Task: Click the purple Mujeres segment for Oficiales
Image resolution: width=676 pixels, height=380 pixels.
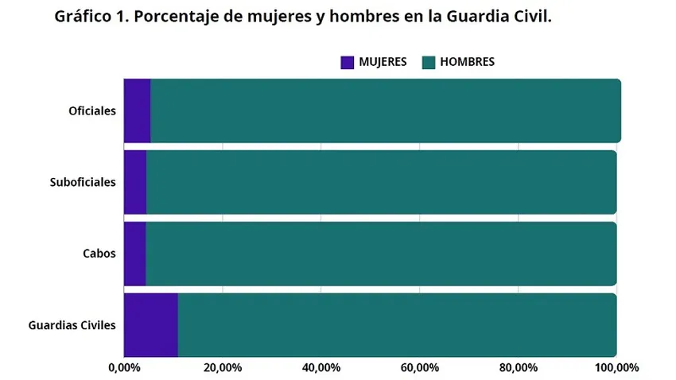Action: (x=137, y=111)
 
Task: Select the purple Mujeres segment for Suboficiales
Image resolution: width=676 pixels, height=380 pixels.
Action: (x=135, y=182)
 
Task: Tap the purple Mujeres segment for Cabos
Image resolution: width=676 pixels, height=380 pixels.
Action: (x=134, y=254)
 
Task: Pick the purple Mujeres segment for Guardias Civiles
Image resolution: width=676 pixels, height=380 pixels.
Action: (x=150, y=325)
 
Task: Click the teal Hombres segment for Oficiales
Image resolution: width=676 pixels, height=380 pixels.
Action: (x=386, y=111)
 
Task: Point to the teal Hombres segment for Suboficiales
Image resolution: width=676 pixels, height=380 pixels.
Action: (x=382, y=182)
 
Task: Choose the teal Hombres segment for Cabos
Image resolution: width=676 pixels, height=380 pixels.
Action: (x=382, y=254)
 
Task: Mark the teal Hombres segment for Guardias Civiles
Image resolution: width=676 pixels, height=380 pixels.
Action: (x=398, y=325)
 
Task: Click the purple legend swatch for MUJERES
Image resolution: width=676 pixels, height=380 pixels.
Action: (x=347, y=62)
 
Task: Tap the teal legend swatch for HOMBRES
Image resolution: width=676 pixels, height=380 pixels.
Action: (x=427, y=62)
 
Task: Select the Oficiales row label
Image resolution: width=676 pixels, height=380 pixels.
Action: (x=92, y=111)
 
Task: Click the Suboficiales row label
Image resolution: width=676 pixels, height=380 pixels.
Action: (x=83, y=182)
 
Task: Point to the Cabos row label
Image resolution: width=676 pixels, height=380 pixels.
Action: (x=99, y=254)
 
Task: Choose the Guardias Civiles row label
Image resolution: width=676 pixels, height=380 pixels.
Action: (x=72, y=325)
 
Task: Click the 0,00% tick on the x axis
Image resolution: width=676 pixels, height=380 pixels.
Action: (x=124, y=368)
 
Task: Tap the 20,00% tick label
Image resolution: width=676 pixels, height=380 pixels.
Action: (x=223, y=368)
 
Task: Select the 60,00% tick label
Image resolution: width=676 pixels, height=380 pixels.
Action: (x=420, y=368)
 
